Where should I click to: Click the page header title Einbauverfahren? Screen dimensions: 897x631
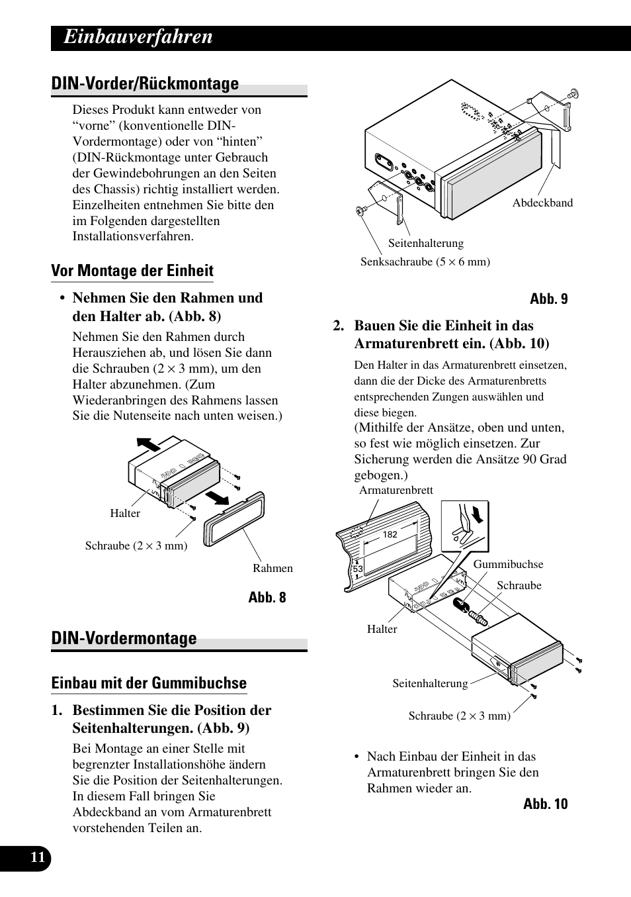coord(139,37)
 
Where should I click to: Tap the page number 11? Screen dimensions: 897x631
coord(38,858)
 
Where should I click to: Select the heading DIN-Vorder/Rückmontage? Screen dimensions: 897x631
coord(145,84)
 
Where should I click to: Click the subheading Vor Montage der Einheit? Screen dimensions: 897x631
coord(132,271)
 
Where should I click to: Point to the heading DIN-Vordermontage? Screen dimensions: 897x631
coord(124,638)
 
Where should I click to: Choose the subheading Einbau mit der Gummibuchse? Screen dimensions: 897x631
coord(149,683)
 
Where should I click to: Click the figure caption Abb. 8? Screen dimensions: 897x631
coord(267,598)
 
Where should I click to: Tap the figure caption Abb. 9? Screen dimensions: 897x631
coord(548,299)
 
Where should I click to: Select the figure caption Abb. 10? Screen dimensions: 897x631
coord(545,804)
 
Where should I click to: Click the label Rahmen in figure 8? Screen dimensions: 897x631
coord(273,568)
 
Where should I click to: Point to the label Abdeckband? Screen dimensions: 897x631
coord(542,203)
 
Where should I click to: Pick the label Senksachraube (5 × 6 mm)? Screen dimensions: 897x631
coord(425,262)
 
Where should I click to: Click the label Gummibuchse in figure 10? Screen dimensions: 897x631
coord(508,565)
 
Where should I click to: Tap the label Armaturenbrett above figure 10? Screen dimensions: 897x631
coord(396,491)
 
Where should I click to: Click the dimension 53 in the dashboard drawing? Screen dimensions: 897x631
coord(358,569)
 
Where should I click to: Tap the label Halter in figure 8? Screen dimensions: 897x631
coord(125,514)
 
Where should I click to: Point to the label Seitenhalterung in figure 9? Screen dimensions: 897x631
coord(425,244)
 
